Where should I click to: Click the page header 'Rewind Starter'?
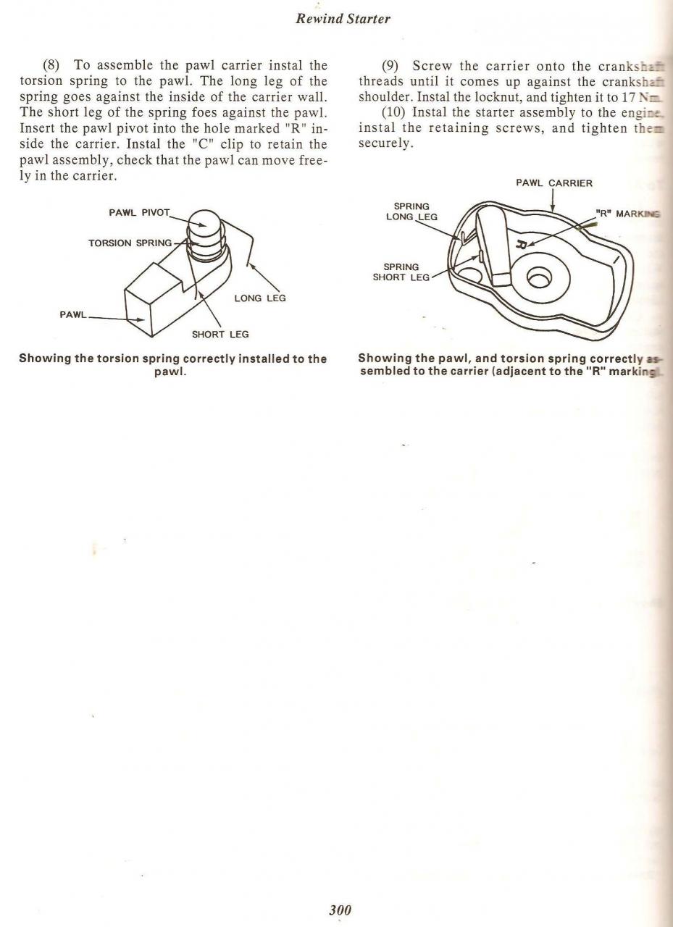[343, 20]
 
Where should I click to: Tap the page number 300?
[340, 910]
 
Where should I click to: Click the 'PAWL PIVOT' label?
[139, 213]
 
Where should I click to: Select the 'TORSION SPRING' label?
[130, 243]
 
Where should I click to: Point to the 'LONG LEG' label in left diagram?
[260, 298]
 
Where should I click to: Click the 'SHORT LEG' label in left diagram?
[220, 334]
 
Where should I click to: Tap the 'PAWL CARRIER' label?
[554, 183]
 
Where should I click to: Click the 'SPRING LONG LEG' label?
[411, 211]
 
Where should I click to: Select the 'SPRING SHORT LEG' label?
[401, 272]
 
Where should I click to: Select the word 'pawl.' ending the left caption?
[172, 372]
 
